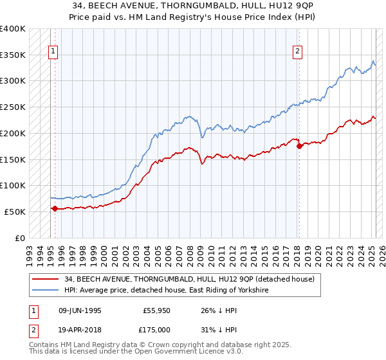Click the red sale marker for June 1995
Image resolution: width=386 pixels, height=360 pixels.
click(x=55, y=208)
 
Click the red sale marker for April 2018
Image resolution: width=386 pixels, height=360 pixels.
click(x=299, y=146)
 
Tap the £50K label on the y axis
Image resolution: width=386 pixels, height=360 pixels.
click(x=15, y=212)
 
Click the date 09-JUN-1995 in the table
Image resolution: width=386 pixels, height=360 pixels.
click(x=80, y=310)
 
